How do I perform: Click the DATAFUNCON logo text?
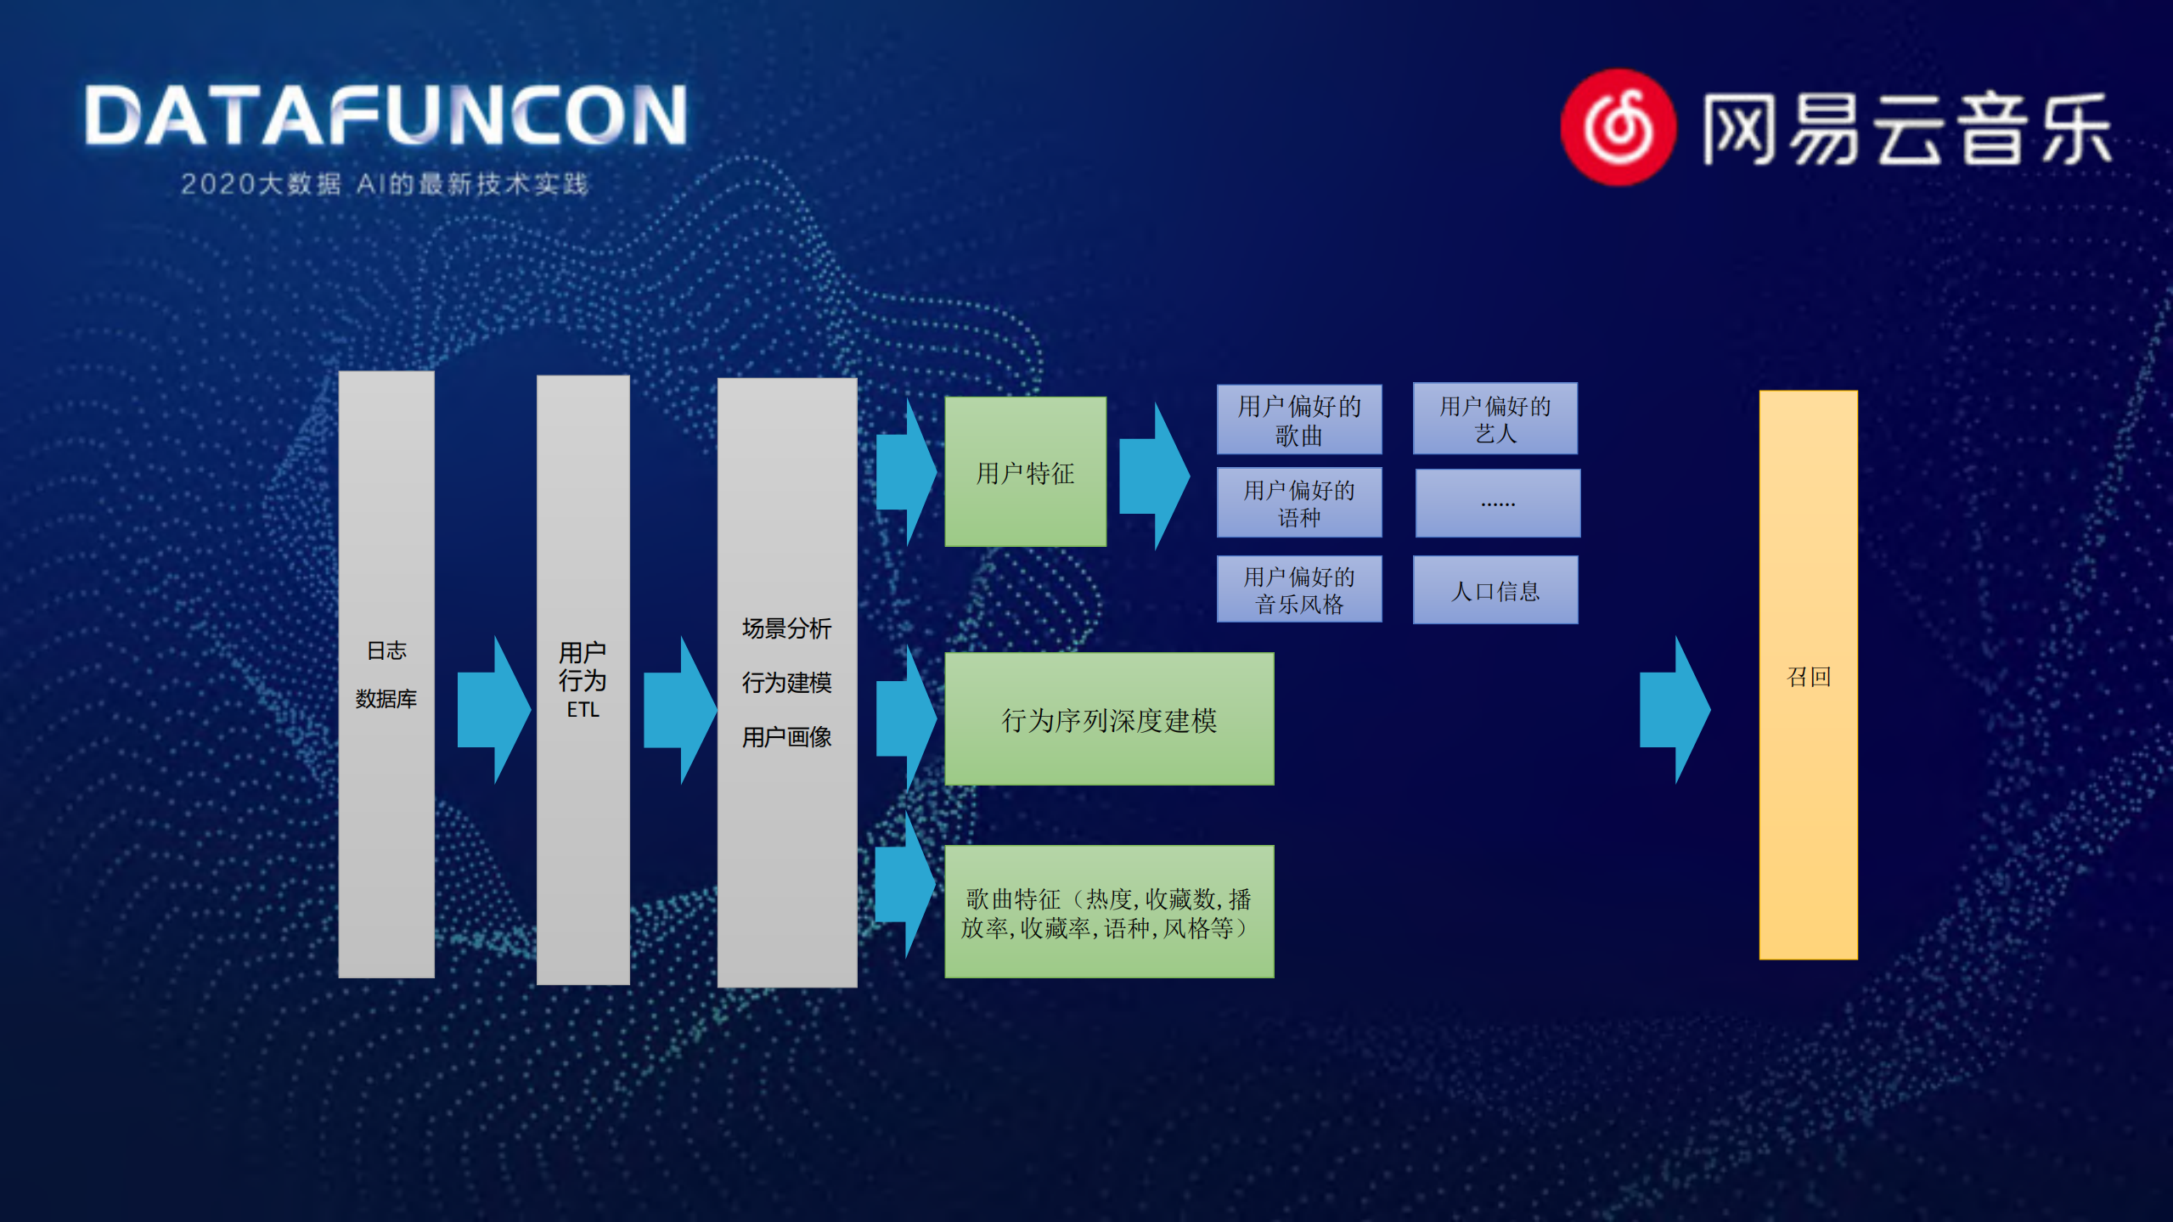click(386, 116)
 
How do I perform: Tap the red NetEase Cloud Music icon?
click(1618, 127)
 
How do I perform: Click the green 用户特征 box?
click(1025, 472)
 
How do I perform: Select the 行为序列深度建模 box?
click(1109, 719)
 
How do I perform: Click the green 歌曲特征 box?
click(1109, 912)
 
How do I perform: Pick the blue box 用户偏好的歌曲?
click(1298, 420)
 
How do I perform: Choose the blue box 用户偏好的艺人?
click(1495, 419)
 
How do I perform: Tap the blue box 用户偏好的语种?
click(1298, 503)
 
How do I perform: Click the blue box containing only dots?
click(1497, 504)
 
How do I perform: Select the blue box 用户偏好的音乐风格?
click(1298, 590)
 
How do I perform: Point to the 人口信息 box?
click(1495, 590)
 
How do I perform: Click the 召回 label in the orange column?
click(1808, 677)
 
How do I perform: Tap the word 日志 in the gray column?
click(386, 650)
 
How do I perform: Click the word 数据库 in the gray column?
click(386, 699)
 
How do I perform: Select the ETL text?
click(583, 710)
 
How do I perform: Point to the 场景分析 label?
click(786, 628)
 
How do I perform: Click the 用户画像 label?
click(786, 737)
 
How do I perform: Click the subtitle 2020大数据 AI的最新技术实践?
click(385, 184)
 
